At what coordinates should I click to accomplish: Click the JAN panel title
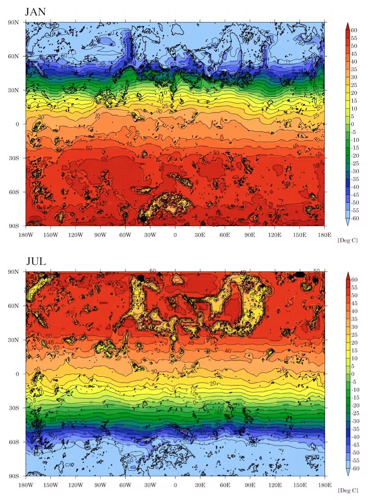35,12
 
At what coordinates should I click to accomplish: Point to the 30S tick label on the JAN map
14,158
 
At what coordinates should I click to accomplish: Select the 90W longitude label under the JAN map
100,234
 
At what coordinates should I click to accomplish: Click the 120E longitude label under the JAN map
275,234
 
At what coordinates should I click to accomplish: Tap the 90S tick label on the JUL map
14,476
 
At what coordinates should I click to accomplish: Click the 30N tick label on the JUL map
14,340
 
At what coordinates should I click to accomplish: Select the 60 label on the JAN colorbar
354,30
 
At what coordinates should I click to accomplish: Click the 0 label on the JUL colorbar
353,374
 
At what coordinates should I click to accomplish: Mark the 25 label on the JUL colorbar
354,335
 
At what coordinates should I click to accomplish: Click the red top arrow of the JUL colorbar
348,275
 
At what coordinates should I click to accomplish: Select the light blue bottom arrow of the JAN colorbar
348,222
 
